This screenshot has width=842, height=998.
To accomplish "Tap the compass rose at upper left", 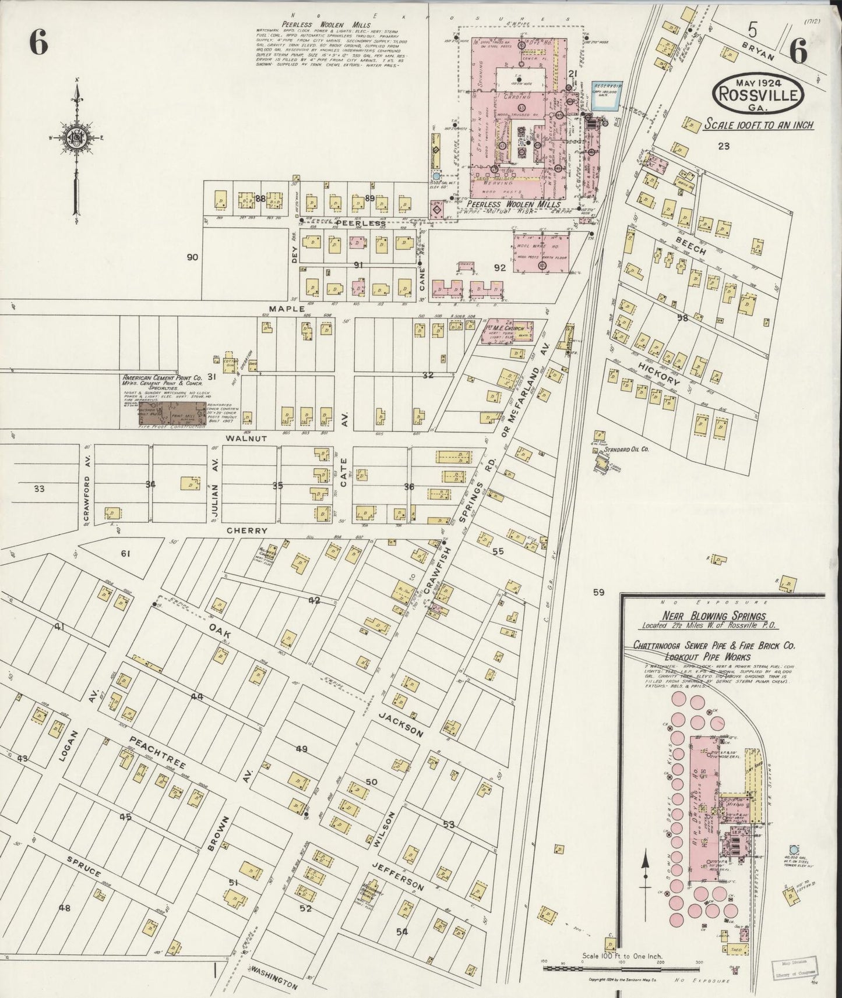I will point(76,134).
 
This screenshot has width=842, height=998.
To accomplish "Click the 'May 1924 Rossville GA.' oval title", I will point(757,93).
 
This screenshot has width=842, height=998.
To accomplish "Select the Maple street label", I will point(286,308).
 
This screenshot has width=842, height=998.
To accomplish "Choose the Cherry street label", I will point(248,530).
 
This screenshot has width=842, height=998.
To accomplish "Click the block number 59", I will point(598,593).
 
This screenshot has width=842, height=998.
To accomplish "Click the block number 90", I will point(192,257).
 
